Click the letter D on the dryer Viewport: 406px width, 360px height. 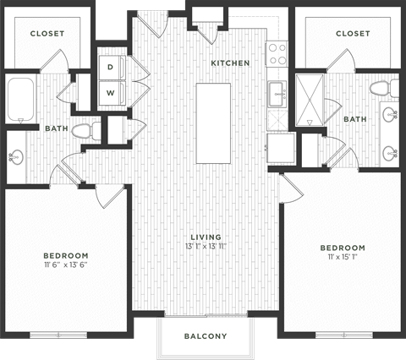pos(110,68)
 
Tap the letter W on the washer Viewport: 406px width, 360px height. pos(110,92)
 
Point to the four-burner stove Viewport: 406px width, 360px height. pos(277,54)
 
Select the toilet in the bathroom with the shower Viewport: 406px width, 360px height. pos(379,88)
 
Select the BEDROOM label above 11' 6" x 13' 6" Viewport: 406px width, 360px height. pos(66,255)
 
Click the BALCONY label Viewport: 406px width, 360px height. pos(206,336)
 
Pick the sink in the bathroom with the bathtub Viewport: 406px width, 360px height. pos(16,158)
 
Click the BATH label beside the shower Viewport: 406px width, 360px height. pos(355,119)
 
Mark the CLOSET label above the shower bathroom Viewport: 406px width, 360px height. pos(353,34)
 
